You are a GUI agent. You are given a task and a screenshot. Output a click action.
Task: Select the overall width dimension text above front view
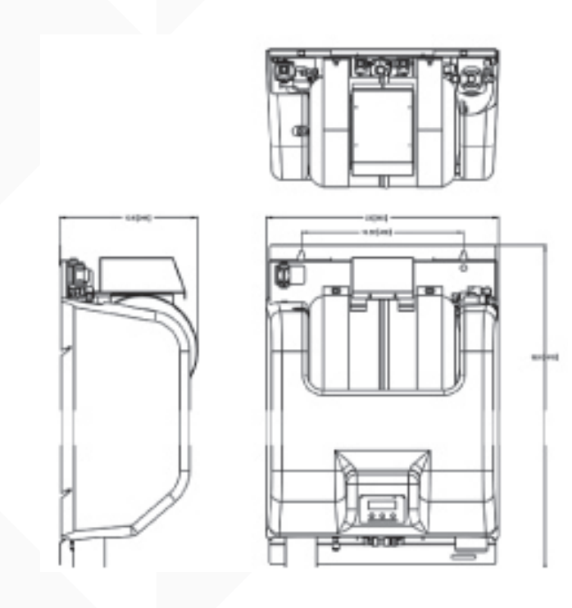pyautogui.click(x=381, y=217)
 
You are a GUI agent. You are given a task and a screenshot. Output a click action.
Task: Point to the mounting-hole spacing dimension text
pyautogui.click(x=381, y=233)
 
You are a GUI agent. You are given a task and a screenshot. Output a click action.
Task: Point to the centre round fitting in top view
pyautogui.click(x=382, y=70)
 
